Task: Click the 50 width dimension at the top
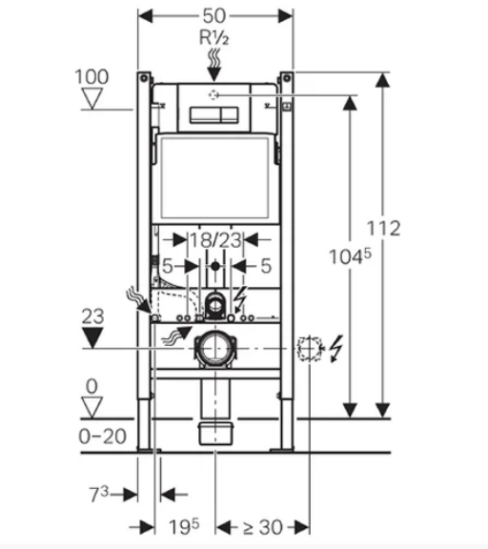click(x=214, y=16)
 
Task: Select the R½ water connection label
click(x=213, y=37)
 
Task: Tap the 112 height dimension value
click(x=383, y=229)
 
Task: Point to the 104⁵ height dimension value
click(x=350, y=256)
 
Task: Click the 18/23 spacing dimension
click(x=215, y=240)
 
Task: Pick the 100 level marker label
click(x=91, y=76)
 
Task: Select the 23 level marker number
click(x=92, y=316)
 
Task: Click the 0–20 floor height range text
click(x=102, y=437)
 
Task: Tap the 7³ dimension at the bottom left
click(x=99, y=494)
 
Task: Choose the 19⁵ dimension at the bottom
click(x=184, y=526)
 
